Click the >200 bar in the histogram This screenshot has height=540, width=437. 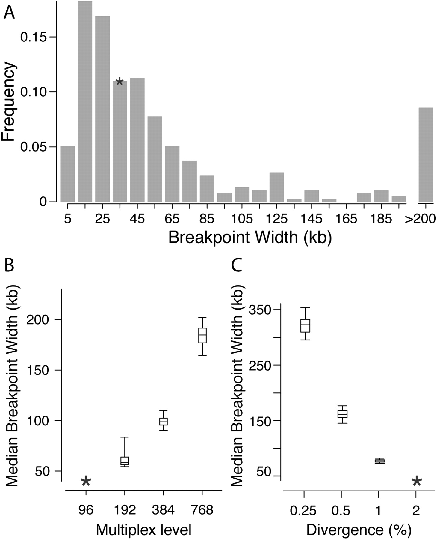point(426,154)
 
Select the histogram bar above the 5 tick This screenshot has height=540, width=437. point(68,174)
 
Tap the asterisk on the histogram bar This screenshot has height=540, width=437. point(119,82)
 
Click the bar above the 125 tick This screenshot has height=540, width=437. point(277,187)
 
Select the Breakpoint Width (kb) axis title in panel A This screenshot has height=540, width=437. point(250,238)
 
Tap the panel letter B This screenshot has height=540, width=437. point(9,265)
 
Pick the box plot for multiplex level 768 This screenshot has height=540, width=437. point(203,335)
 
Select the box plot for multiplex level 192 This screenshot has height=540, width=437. point(125,460)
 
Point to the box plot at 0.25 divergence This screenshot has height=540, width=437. point(305,325)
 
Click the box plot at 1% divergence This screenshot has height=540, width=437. point(379,461)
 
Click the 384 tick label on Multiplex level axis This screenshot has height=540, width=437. point(163,510)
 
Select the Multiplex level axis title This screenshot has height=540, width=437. point(144,530)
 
